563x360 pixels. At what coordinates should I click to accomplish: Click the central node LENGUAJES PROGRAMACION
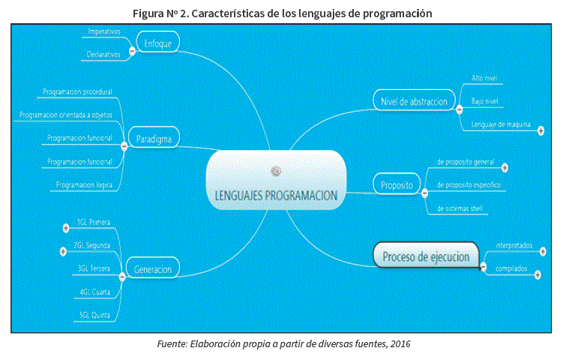(x=276, y=196)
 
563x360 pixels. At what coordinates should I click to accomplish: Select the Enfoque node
(x=157, y=43)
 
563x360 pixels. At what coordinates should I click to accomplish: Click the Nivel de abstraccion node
(x=414, y=101)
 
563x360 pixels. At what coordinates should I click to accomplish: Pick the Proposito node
(x=397, y=185)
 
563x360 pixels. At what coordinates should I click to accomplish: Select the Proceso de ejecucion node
(x=426, y=256)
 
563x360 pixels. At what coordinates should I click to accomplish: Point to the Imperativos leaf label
(x=104, y=32)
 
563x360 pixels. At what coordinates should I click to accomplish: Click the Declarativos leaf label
(x=104, y=54)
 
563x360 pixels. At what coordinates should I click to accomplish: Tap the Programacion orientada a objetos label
(x=64, y=115)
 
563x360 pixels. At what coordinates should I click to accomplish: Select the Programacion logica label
(x=84, y=184)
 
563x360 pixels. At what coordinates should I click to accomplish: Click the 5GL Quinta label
(x=94, y=315)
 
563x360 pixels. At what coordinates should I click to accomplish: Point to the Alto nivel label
(x=484, y=78)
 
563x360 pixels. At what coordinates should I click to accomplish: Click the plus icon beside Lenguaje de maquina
(x=541, y=129)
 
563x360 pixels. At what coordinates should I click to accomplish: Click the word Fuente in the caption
(x=172, y=343)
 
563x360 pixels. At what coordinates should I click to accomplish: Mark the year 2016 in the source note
(x=399, y=343)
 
